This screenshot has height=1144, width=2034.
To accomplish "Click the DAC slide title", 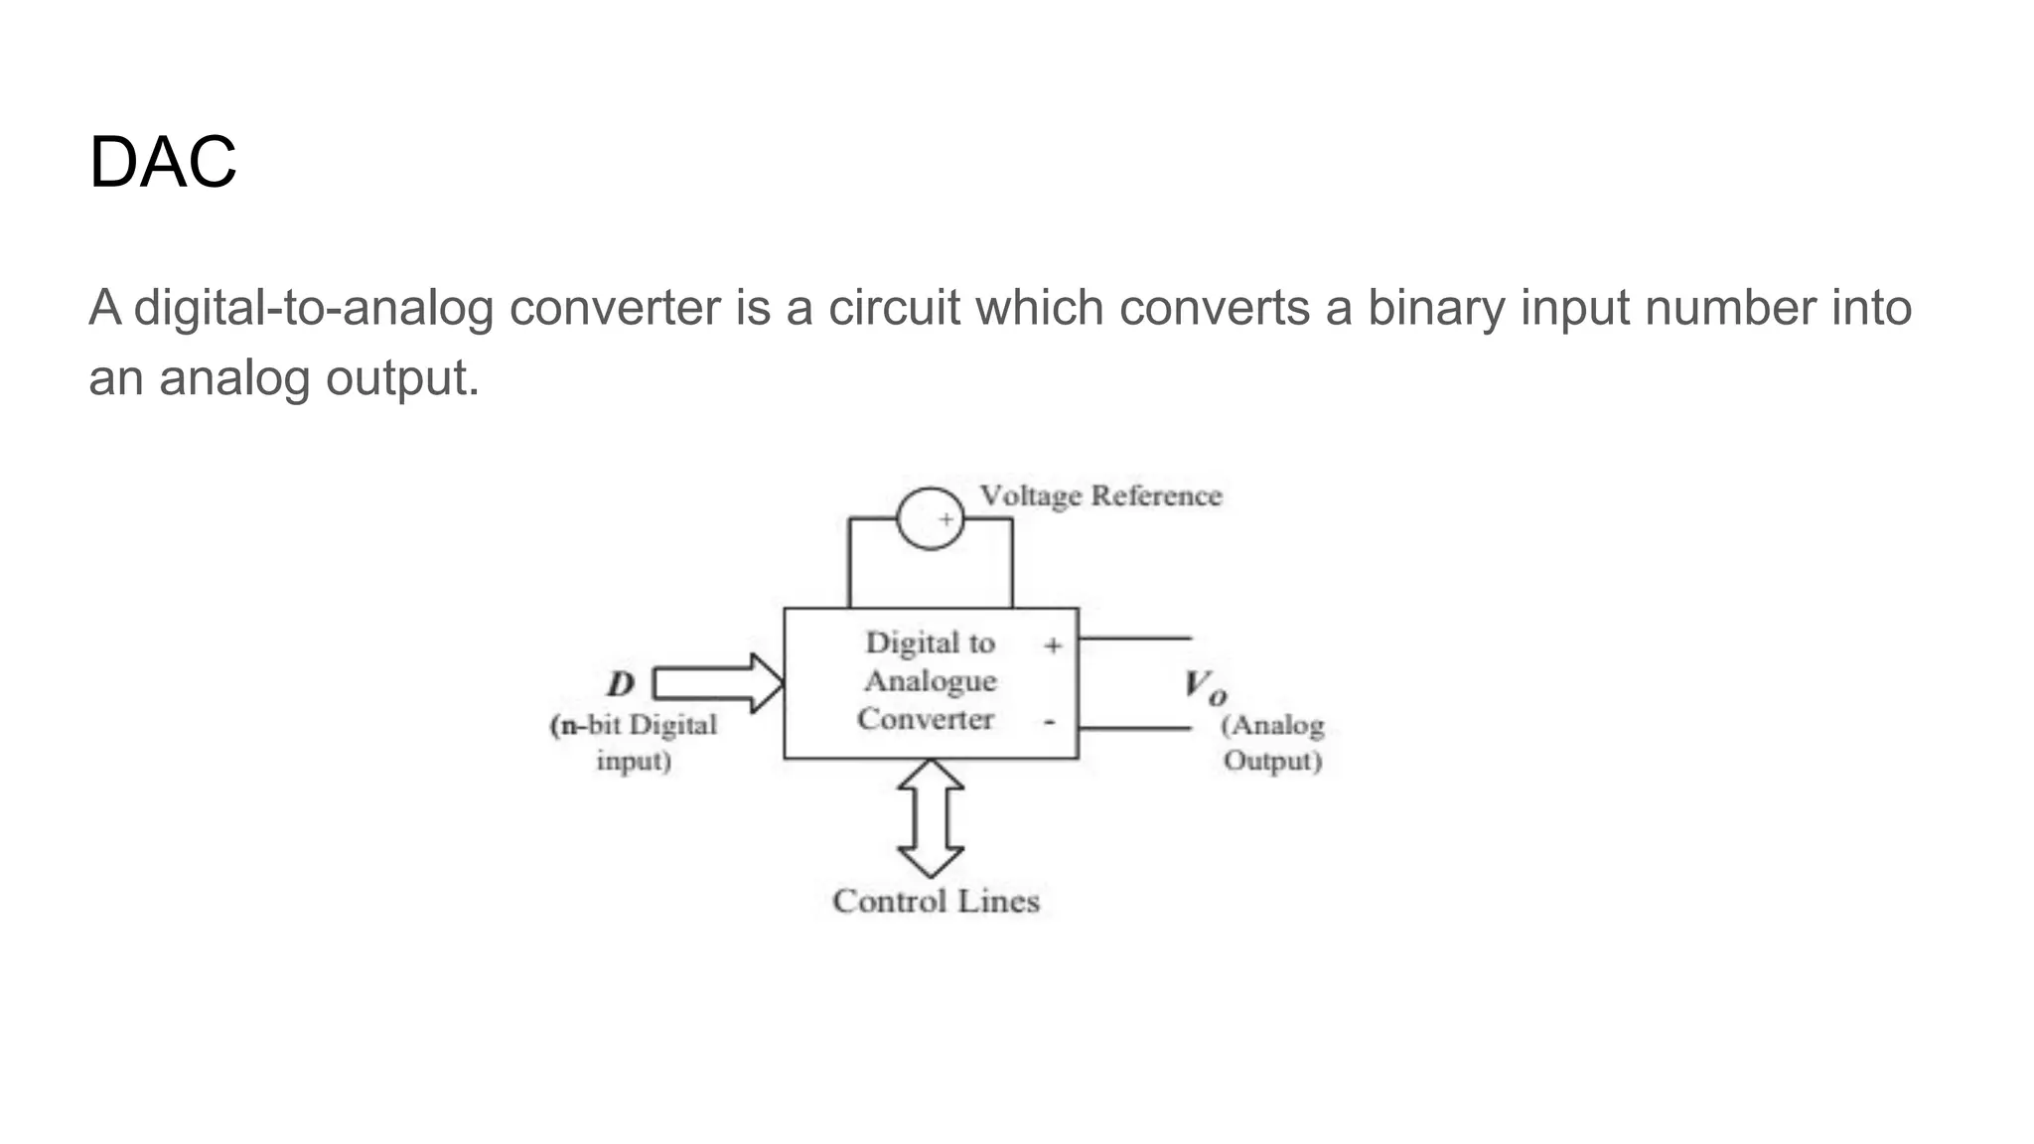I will tap(163, 162).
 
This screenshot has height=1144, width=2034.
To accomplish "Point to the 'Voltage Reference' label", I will tap(1100, 496).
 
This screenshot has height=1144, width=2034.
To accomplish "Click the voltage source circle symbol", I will tap(930, 518).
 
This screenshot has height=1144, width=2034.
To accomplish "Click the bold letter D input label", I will tap(621, 683).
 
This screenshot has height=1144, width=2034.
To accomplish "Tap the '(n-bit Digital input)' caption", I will tap(634, 743).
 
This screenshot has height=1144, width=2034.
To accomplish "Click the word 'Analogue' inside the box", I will tap(931, 681).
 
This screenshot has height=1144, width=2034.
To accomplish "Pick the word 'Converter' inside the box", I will tap(926, 719).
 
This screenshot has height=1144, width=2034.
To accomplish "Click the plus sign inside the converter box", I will tap(1053, 645).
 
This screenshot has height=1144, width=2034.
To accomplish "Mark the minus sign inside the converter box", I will tap(1050, 722).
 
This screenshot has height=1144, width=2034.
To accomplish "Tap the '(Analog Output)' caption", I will tap(1272, 743).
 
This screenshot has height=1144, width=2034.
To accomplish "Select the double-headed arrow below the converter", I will tap(931, 818).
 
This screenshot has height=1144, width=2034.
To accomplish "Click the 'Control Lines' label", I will tap(936, 902).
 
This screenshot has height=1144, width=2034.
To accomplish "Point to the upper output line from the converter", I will tap(1134, 638).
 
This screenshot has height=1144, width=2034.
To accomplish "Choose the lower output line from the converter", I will tap(1134, 728).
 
